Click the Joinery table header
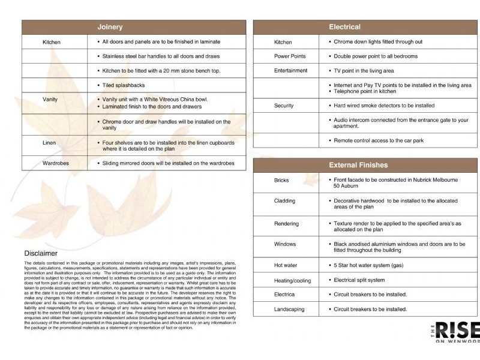[110, 27]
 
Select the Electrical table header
[344, 27]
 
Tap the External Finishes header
[358, 165]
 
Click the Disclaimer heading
[41, 253]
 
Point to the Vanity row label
[50, 99]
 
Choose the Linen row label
[49, 143]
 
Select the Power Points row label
[290, 56]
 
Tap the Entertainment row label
[291, 71]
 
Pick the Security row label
[284, 106]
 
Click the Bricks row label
[281, 180]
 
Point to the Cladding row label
[284, 201]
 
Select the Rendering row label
[286, 224]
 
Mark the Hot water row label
[286, 265]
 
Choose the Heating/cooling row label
[293, 281]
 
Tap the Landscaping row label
[289, 310]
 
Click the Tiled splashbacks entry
[124, 85]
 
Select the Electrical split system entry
[359, 280]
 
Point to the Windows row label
[285, 244]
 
